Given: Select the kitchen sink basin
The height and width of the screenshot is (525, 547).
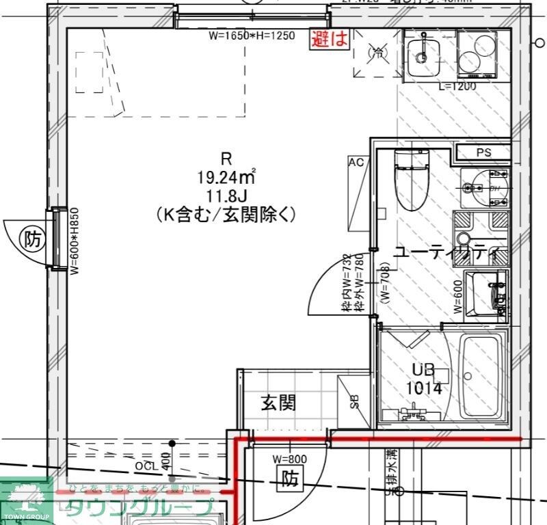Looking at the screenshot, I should (423, 51).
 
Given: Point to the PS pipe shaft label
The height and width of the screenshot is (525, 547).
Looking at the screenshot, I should (483, 152).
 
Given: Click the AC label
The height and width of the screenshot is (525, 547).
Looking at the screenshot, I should (356, 163).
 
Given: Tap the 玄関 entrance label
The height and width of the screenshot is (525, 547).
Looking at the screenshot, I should (278, 403).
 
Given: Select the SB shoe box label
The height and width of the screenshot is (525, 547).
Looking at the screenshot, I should (355, 402).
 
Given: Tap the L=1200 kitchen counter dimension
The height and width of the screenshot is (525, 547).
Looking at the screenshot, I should (457, 86).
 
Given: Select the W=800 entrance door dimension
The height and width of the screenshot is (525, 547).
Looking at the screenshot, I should (289, 459).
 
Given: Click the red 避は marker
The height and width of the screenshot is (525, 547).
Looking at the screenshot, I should (330, 39).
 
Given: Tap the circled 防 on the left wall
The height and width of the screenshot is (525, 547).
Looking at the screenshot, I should (32, 239).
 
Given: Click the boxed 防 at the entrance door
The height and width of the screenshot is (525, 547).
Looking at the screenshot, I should (290, 481).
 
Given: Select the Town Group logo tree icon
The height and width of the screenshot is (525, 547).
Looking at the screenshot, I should (25, 495).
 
